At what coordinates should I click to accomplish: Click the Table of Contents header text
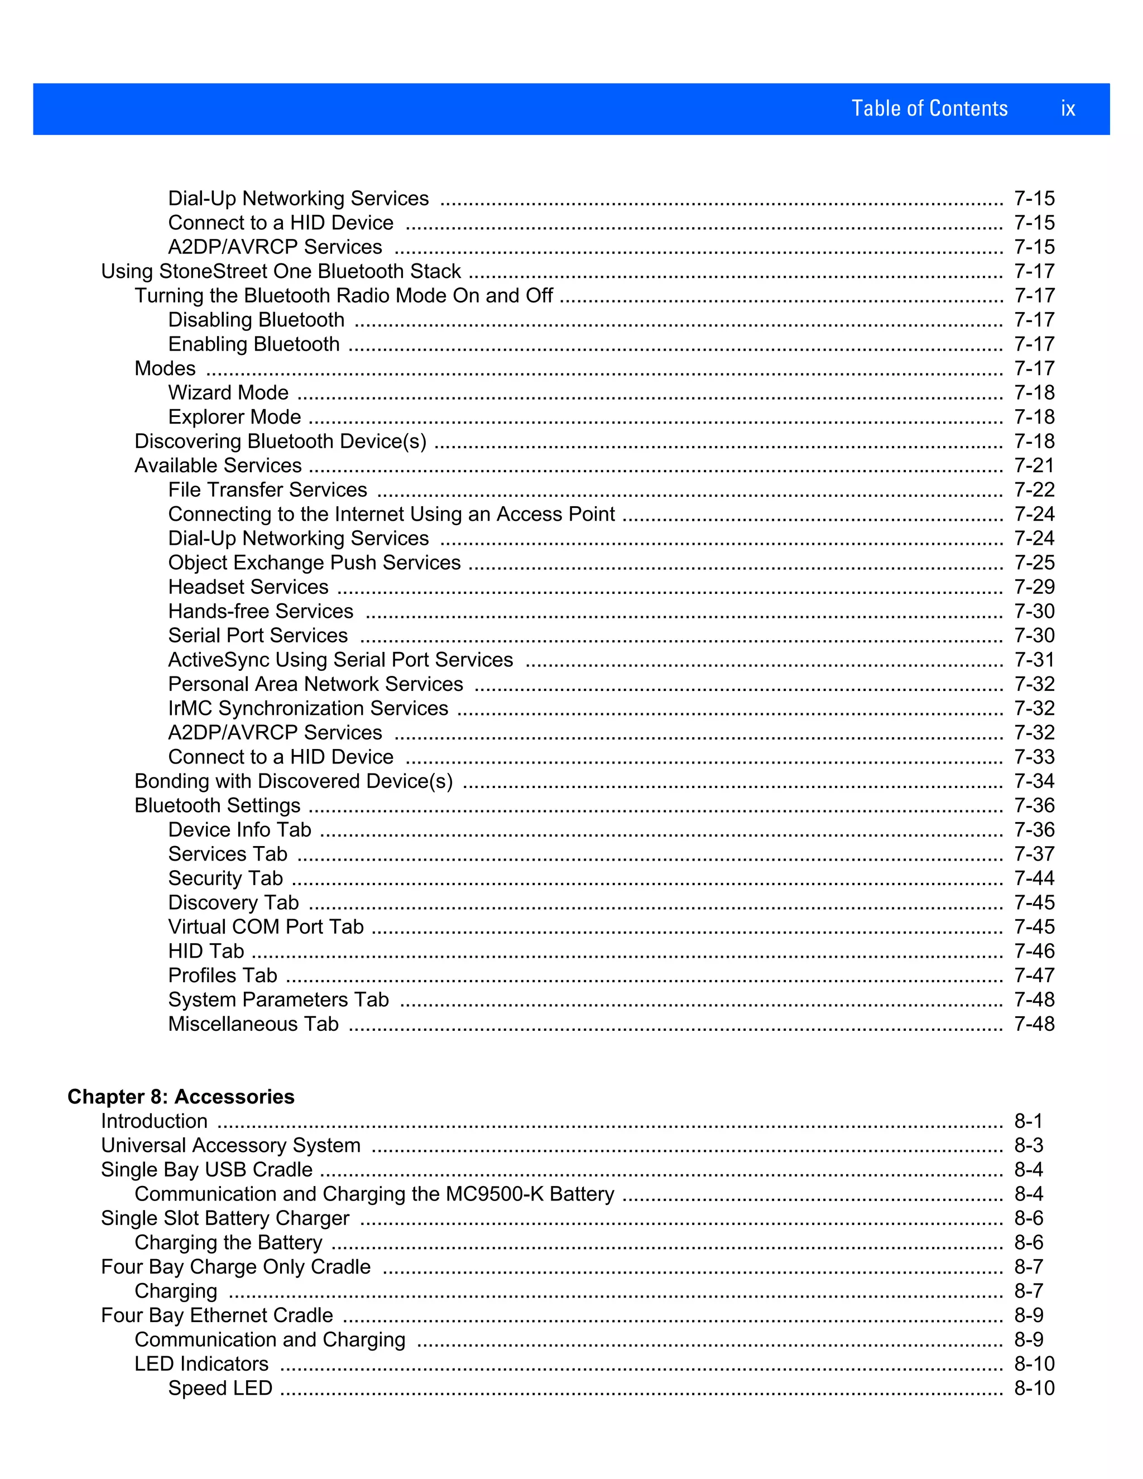pos(929,108)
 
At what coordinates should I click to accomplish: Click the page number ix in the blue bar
pos(1068,108)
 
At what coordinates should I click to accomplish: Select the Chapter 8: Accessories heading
pos(181,1096)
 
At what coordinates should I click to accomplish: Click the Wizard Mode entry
pos(228,393)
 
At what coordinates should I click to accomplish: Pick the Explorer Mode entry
pos(234,417)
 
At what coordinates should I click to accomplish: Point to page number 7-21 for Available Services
pos(1034,466)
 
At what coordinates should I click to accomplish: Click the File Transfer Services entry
pos(267,489)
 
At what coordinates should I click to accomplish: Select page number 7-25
pos(1034,563)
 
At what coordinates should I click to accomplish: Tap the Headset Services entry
pos(248,587)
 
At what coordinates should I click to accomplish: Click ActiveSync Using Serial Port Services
pos(340,660)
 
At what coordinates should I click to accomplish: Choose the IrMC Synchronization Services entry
pos(308,708)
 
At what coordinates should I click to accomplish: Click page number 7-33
pos(1034,757)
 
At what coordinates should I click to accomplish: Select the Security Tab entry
pos(225,878)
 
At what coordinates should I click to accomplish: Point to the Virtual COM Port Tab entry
pos(266,927)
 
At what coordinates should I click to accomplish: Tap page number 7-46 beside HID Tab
pos(1034,952)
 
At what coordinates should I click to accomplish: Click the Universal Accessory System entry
pos(230,1145)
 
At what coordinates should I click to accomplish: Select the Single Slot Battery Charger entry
pos(225,1218)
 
